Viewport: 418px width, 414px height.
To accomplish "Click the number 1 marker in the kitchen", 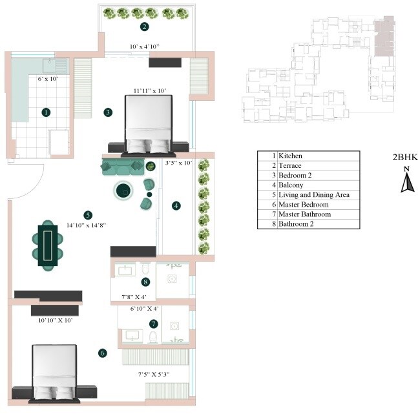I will click(x=46, y=112).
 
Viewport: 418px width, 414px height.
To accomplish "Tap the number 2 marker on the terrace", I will click(x=145, y=26).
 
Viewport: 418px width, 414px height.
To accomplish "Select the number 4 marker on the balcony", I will click(x=175, y=205).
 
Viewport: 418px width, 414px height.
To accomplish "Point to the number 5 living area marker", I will click(x=88, y=215).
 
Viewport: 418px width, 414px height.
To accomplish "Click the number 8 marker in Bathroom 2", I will click(x=146, y=282).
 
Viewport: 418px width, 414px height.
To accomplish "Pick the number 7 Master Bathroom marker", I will click(x=153, y=323).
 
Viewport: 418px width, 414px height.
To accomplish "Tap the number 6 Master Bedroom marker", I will click(x=102, y=353).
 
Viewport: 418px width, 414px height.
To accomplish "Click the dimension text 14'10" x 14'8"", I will click(x=87, y=225).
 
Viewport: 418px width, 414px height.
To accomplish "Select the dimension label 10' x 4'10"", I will click(x=145, y=47).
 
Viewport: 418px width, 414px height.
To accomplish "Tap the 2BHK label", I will click(x=404, y=157).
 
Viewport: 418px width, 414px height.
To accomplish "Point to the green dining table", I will click(x=49, y=245).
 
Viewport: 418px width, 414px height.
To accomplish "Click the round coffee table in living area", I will click(x=123, y=190).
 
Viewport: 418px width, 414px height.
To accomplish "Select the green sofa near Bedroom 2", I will click(x=122, y=167).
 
